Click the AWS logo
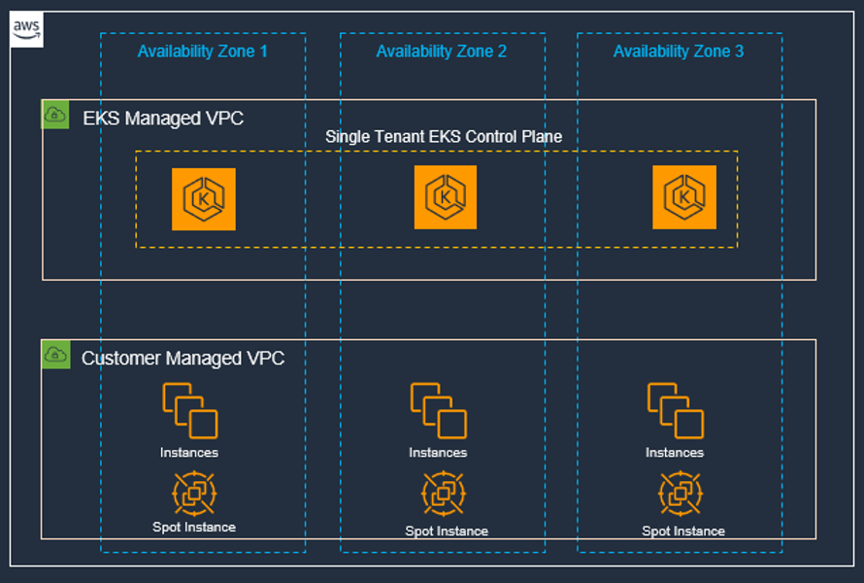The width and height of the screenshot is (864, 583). point(27,31)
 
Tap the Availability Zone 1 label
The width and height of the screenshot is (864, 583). point(202,51)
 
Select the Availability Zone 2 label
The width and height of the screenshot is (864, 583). point(441,51)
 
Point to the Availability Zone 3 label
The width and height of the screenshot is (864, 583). point(679,51)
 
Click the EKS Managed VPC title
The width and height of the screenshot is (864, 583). point(163,119)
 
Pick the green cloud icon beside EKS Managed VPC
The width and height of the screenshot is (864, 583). point(56,116)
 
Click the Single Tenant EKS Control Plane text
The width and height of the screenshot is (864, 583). point(443,137)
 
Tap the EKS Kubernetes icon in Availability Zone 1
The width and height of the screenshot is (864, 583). point(204,199)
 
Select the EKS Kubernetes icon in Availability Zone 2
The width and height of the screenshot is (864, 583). point(446,197)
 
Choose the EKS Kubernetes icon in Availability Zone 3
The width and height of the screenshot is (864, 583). point(684,197)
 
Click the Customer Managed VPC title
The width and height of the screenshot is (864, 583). point(183,359)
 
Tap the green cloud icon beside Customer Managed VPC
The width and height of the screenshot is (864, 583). point(56,355)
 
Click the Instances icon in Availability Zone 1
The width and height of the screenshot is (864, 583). point(190,411)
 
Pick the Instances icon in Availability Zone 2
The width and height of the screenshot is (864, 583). point(439,411)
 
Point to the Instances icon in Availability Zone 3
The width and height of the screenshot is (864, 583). point(676,411)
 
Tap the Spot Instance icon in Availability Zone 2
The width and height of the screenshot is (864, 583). point(444,493)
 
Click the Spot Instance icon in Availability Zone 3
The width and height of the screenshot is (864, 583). point(681,493)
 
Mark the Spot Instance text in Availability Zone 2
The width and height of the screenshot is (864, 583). point(447,532)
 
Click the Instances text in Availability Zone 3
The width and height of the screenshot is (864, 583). point(675,453)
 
